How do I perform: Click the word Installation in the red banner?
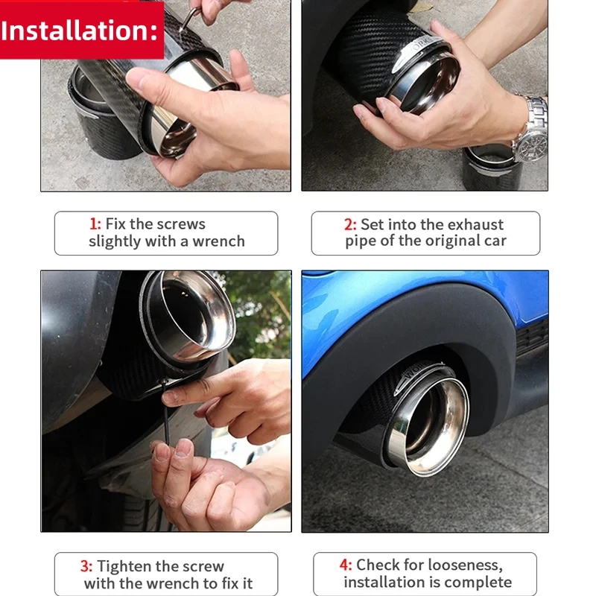[x=76, y=31]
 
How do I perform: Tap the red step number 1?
[x=95, y=224]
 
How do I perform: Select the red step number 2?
[x=350, y=224]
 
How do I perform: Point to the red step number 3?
[x=86, y=566]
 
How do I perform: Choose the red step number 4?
[x=346, y=565]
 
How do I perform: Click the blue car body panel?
[x=425, y=300]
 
